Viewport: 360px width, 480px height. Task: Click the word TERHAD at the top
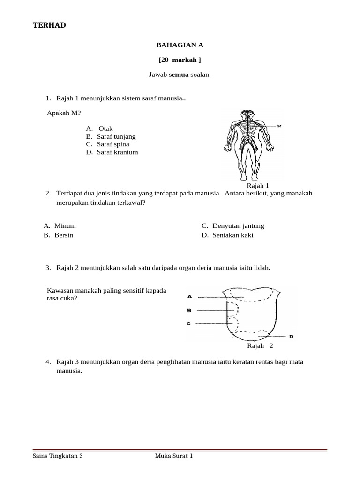[49, 25]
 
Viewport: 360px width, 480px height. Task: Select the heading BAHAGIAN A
[180, 45]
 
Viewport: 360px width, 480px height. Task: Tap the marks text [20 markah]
[180, 60]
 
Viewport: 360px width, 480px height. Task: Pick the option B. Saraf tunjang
[111, 136]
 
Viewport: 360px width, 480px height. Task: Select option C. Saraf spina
[109, 144]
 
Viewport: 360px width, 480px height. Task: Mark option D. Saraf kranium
[112, 152]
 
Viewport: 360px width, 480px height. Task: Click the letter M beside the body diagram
[279, 126]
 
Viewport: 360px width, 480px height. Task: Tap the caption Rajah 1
[258, 186]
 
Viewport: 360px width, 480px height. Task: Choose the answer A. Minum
[60, 226]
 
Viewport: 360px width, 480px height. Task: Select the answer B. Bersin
[59, 235]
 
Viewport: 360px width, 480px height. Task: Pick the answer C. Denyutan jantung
[233, 226]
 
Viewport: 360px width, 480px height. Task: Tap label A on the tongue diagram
[189, 296]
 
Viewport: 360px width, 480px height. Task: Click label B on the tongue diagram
[189, 310]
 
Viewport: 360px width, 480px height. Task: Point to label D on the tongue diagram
[291, 337]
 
